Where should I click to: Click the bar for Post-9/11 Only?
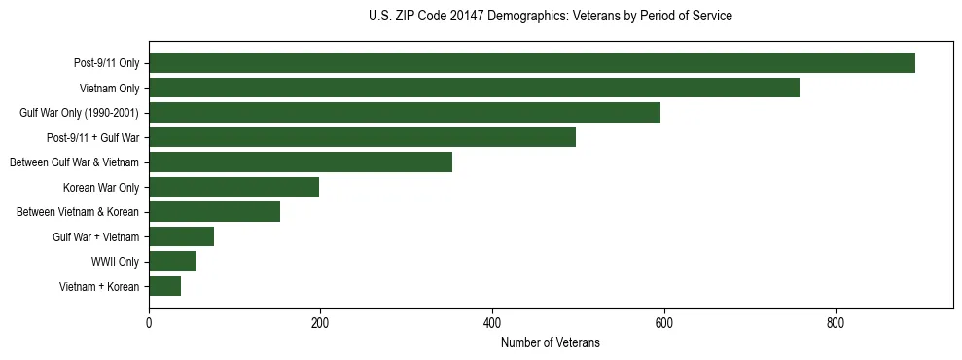click(x=532, y=63)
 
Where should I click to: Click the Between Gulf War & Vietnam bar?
click(x=301, y=162)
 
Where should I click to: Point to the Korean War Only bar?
click(x=233, y=187)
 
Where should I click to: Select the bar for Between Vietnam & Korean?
click(x=214, y=212)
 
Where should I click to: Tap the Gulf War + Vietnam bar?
click(x=181, y=236)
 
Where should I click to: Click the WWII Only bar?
click(x=172, y=261)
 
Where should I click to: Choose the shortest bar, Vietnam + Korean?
click(x=164, y=286)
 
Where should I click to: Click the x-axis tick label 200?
click(x=320, y=324)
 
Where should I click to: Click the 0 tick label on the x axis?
click(x=149, y=324)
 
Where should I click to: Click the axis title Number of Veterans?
click(x=550, y=343)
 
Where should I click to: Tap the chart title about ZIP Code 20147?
click(x=550, y=17)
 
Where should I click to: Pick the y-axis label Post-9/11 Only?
click(x=107, y=63)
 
